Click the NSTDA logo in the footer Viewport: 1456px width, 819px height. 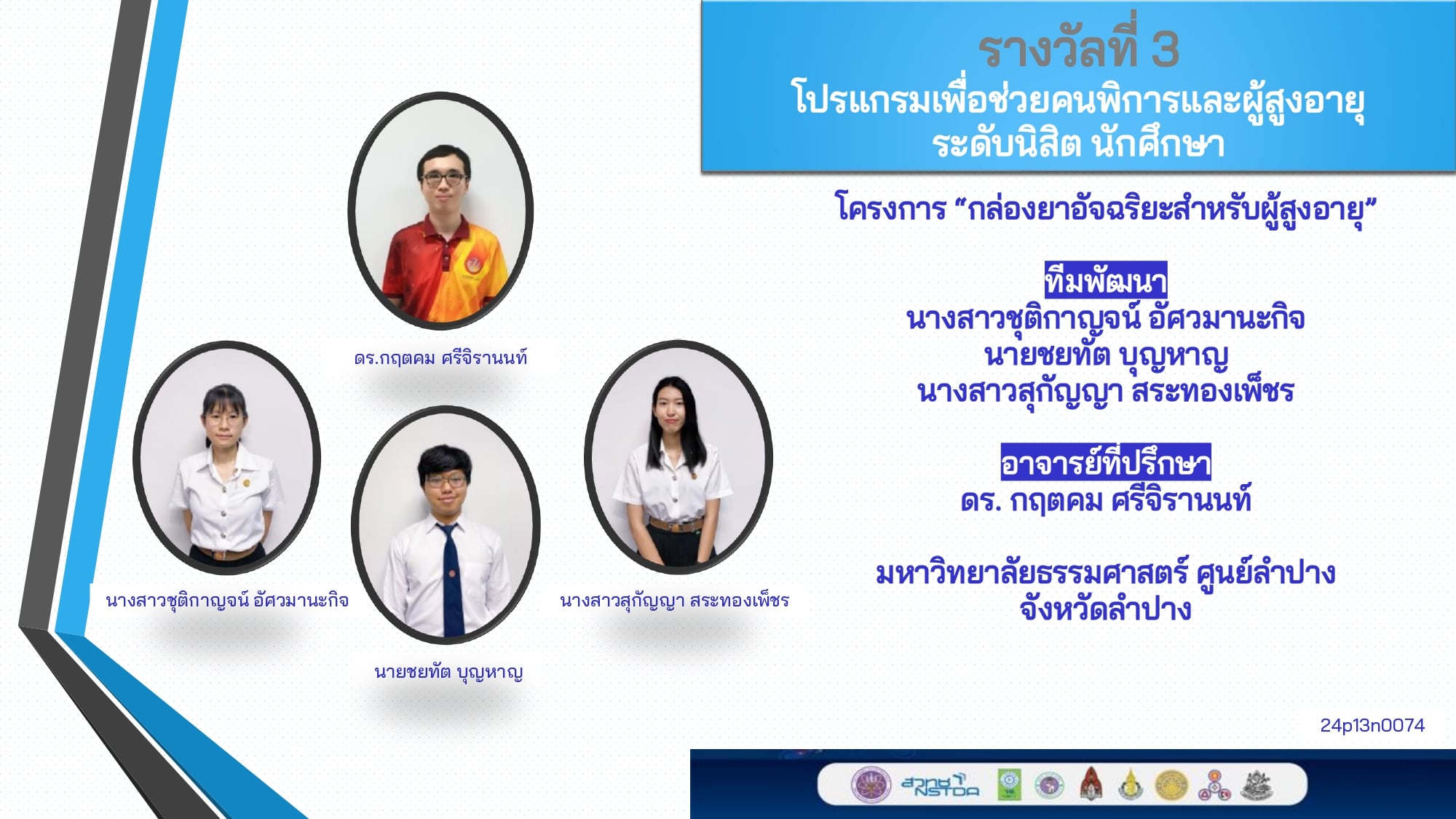point(940,786)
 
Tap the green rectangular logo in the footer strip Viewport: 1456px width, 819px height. point(1009,785)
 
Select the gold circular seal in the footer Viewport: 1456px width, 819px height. point(1171,786)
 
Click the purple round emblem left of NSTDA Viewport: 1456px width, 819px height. point(871,785)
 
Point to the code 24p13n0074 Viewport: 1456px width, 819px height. point(1372,725)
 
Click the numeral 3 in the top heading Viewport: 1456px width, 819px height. point(1165,50)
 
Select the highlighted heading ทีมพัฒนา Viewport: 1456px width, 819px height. point(1106,280)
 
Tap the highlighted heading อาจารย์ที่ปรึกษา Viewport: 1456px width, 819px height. point(1106,462)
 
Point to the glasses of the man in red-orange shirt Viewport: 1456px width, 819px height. point(443,178)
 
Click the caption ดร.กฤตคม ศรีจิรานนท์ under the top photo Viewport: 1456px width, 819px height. point(440,357)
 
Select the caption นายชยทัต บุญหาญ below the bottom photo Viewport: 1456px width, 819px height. point(448,672)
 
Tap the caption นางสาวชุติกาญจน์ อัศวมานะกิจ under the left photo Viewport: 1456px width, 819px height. point(227,601)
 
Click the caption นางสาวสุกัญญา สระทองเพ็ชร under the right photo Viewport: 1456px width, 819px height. point(674,601)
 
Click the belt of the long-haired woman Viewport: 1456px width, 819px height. point(676,524)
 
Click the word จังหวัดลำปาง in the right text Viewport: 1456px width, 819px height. point(1106,609)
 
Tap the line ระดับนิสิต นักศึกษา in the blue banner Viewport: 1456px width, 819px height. point(1078,143)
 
